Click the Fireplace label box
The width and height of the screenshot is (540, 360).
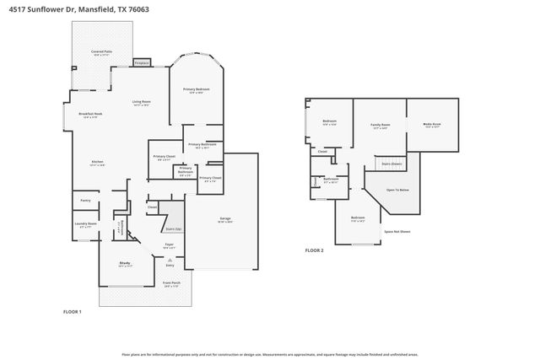click(142, 62)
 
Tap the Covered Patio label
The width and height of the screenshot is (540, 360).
click(103, 53)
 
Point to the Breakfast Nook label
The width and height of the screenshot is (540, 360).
click(90, 115)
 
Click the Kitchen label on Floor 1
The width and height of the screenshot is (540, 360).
click(97, 163)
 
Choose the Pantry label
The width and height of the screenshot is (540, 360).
click(85, 201)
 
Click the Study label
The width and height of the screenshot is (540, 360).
click(124, 264)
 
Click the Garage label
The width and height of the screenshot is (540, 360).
click(225, 219)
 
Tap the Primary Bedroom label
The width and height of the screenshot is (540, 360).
click(196, 89)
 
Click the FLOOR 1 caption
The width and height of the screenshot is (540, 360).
click(73, 312)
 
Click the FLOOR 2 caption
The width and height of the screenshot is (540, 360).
click(314, 250)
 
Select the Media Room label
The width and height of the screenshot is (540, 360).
click(432, 125)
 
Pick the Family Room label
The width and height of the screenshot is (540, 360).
click(380, 126)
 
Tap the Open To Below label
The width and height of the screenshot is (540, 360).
click(397, 190)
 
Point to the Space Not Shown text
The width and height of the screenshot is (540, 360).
click(397, 231)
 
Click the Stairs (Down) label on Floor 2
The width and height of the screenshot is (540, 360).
click(391, 164)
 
